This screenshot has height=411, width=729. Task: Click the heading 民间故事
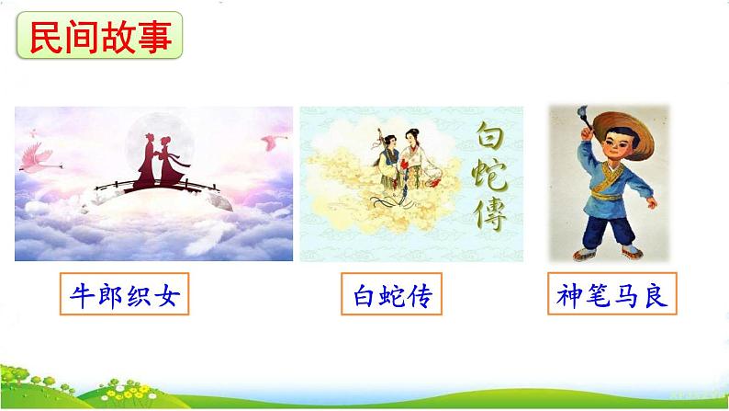point(101,37)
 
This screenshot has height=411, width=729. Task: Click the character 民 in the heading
point(45,37)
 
